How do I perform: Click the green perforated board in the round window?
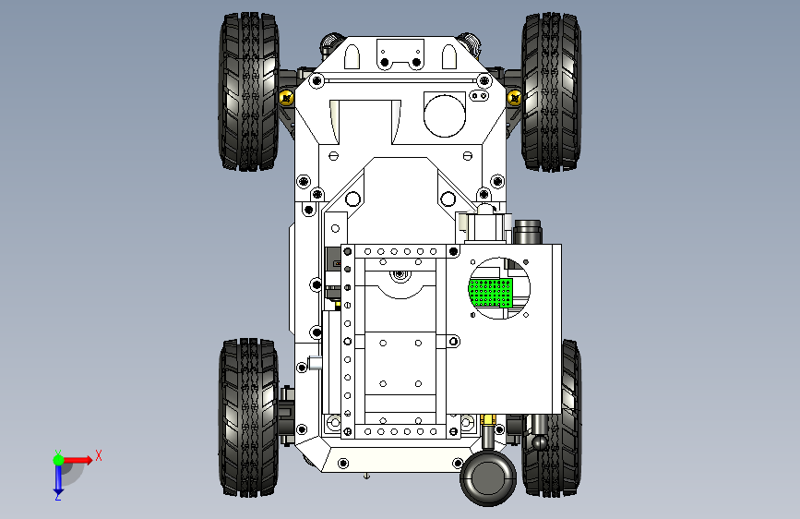491,292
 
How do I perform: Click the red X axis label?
99,455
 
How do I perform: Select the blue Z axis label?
57,496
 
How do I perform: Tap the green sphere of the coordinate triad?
57,459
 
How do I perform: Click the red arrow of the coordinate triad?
80,459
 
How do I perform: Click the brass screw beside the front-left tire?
286,97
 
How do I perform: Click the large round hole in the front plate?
445,113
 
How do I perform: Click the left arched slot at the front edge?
352,57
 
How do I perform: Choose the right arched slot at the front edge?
449,57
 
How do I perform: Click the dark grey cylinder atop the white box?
528,230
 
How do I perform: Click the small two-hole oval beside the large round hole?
481,95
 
